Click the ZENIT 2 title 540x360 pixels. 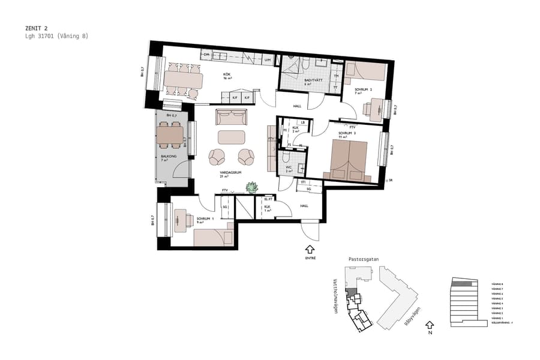pyautogui.click(x=37, y=28)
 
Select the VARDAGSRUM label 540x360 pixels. pyautogui.click(x=230, y=172)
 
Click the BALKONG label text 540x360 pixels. pyautogui.click(x=169, y=156)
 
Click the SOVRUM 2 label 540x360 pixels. pyautogui.click(x=364, y=89)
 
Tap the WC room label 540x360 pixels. pyautogui.click(x=289, y=167)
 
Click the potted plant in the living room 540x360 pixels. pyautogui.click(x=251, y=188)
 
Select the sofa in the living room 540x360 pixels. pyautogui.click(x=232, y=116)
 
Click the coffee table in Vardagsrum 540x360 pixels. pyautogui.click(x=231, y=137)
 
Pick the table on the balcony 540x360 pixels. pyautogui.click(x=170, y=134)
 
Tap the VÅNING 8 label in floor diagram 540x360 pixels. pyautogui.click(x=496, y=284)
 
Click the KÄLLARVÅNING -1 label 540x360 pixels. pyautogui.click(x=502, y=323)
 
